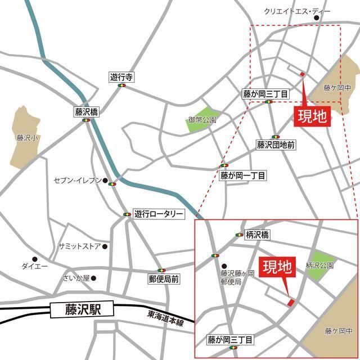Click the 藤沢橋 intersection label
(x=86, y=112)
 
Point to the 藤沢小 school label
(x=26, y=137)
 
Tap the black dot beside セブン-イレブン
(x=105, y=181)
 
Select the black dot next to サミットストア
(x=105, y=246)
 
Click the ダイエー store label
(x=34, y=265)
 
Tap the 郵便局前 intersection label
(x=164, y=278)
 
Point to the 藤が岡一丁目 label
(x=243, y=175)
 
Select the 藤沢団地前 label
(x=276, y=145)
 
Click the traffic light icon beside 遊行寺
(x=121, y=86)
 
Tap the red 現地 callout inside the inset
(x=278, y=265)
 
